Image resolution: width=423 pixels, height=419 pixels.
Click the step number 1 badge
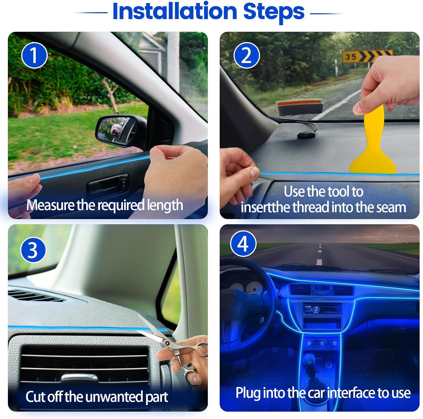(x=34, y=55)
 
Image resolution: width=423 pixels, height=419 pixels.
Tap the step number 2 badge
(x=246, y=55)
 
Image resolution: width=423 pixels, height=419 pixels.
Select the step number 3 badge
(x=33, y=250)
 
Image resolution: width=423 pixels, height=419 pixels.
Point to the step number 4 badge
(x=243, y=244)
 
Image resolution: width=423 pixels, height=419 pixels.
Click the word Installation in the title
(x=175, y=12)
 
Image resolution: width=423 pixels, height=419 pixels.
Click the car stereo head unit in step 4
(x=322, y=309)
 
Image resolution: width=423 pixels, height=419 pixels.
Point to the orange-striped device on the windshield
(x=300, y=107)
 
